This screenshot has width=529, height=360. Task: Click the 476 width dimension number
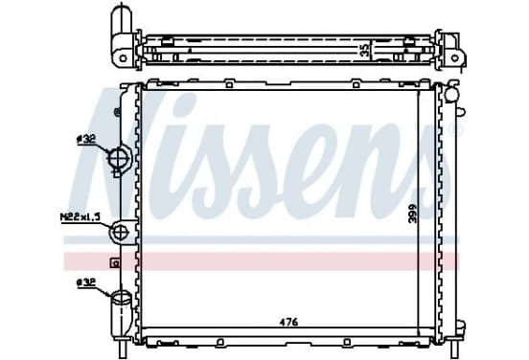(x=289, y=323)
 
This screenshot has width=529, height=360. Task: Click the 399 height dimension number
(x=412, y=213)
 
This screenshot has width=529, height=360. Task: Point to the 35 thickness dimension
(x=365, y=50)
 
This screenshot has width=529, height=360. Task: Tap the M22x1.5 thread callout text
(x=80, y=216)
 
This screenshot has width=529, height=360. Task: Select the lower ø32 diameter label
(x=86, y=283)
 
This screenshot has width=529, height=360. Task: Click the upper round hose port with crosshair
(x=119, y=157)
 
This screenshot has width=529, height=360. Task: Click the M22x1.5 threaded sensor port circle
(x=121, y=232)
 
